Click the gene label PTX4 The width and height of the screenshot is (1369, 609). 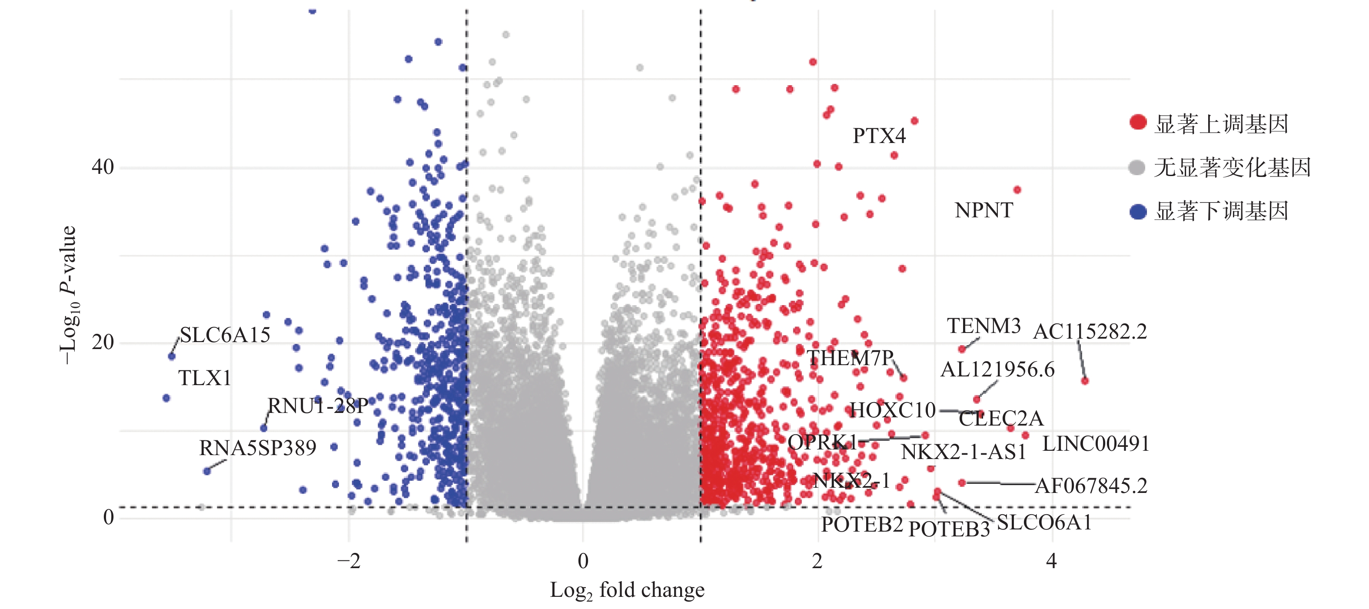[x=879, y=136]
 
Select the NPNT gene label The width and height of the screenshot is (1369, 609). [x=984, y=210]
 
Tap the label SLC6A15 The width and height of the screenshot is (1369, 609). [x=225, y=335]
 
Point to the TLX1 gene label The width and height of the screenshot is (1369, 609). [x=205, y=378]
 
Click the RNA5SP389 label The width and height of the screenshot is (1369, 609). [x=258, y=448]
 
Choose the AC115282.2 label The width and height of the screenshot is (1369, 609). [x=1090, y=332]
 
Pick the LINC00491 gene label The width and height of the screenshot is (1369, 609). [x=1096, y=444]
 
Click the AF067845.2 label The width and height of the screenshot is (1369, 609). [x=1091, y=486]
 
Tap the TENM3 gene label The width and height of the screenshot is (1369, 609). [x=984, y=326]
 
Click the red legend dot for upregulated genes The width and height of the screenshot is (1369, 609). [x=1138, y=122]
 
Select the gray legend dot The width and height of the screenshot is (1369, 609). [x=1137, y=168]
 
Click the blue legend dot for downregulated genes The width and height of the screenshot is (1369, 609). [x=1138, y=212]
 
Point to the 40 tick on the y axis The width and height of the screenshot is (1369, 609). [x=103, y=167]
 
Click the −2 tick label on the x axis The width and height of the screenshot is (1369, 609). [x=349, y=561]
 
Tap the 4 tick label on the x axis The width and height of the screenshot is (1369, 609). [x=1051, y=561]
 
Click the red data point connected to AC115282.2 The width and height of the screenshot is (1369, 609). [x=1085, y=380]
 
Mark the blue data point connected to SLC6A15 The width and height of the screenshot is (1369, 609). [x=172, y=356]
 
